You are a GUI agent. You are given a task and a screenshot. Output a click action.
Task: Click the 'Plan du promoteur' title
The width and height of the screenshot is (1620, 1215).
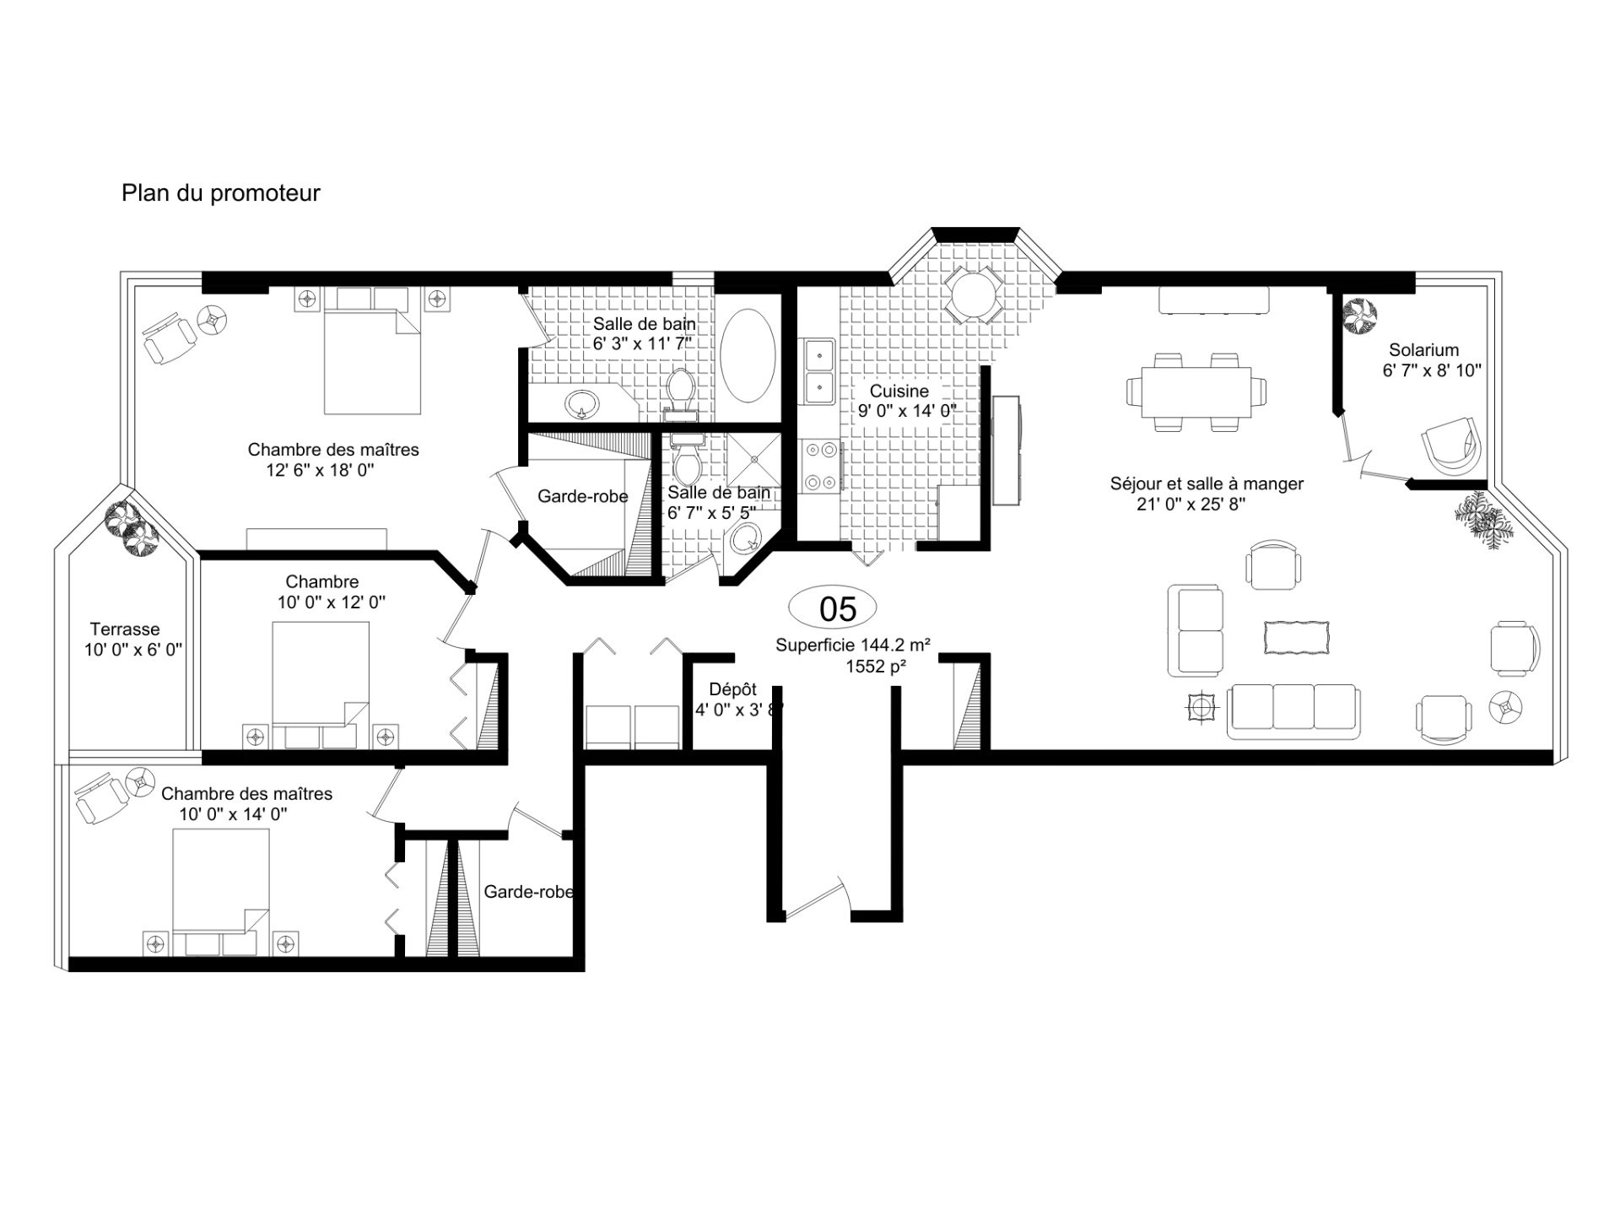click(x=221, y=193)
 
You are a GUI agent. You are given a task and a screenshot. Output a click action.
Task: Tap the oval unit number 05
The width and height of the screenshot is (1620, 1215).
click(x=833, y=607)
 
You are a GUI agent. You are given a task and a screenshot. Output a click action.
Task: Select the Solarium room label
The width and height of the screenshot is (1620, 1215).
click(x=1424, y=350)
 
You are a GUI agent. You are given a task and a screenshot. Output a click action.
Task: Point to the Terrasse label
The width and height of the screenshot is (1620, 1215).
click(x=125, y=629)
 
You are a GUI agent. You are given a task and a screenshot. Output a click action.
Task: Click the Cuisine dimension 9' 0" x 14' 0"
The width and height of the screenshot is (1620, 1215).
click(x=907, y=412)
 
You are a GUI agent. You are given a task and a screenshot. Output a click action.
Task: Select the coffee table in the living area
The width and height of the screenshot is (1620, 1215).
click(x=1296, y=637)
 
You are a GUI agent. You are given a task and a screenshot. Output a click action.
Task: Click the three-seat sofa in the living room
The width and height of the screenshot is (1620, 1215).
click(x=1293, y=710)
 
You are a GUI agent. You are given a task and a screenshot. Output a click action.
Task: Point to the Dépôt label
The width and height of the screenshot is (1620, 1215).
click(x=732, y=689)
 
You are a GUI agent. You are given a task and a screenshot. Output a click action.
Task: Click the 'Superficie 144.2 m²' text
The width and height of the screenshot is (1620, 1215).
click(x=853, y=645)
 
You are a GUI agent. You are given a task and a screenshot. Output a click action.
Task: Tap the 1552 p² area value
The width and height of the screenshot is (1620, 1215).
click(x=876, y=667)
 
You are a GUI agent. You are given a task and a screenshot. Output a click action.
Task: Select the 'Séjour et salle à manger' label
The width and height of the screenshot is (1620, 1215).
click(x=1207, y=484)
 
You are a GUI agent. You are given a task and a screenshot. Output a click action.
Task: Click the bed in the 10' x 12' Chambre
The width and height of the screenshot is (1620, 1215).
click(x=321, y=685)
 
